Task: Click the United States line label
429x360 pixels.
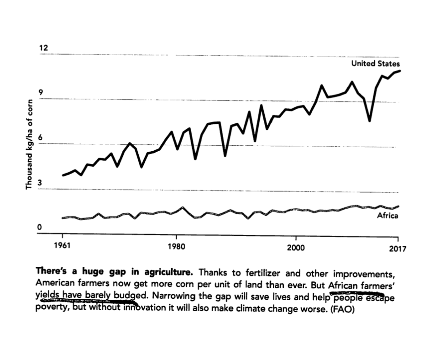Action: (375, 64)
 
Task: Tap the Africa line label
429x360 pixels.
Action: (387, 216)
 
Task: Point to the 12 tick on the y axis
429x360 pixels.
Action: (42, 48)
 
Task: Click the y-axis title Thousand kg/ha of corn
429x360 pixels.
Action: (30, 144)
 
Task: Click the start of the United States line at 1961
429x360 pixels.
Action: (63, 175)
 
